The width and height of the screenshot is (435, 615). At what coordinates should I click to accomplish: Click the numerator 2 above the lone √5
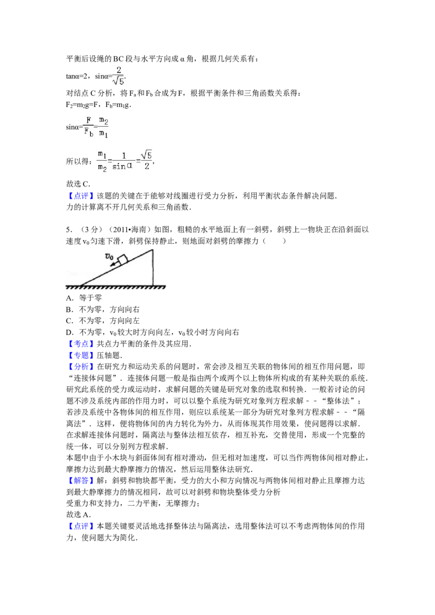click(x=117, y=70)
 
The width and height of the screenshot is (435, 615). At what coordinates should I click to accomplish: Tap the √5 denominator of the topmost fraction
click(x=118, y=81)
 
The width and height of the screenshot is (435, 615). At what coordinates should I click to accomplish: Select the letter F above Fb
click(x=89, y=121)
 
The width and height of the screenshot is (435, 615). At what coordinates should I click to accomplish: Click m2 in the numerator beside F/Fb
click(x=103, y=121)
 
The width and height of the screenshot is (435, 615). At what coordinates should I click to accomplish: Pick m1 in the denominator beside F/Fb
click(x=103, y=133)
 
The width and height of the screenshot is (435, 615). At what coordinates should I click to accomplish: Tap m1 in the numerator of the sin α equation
click(x=102, y=155)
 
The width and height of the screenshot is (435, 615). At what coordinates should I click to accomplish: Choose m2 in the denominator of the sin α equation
click(x=102, y=167)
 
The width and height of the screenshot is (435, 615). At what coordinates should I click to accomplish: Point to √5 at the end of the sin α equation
click(x=146, y=155)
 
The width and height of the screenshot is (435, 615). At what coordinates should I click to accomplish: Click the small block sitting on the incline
click(x=122, y=259)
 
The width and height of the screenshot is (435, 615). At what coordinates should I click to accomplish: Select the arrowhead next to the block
click(x=111, y=266)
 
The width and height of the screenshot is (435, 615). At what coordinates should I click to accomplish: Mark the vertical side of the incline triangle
click(x=153, y=267)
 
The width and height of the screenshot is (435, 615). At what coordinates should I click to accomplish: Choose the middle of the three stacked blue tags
click(x=80, y=356)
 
